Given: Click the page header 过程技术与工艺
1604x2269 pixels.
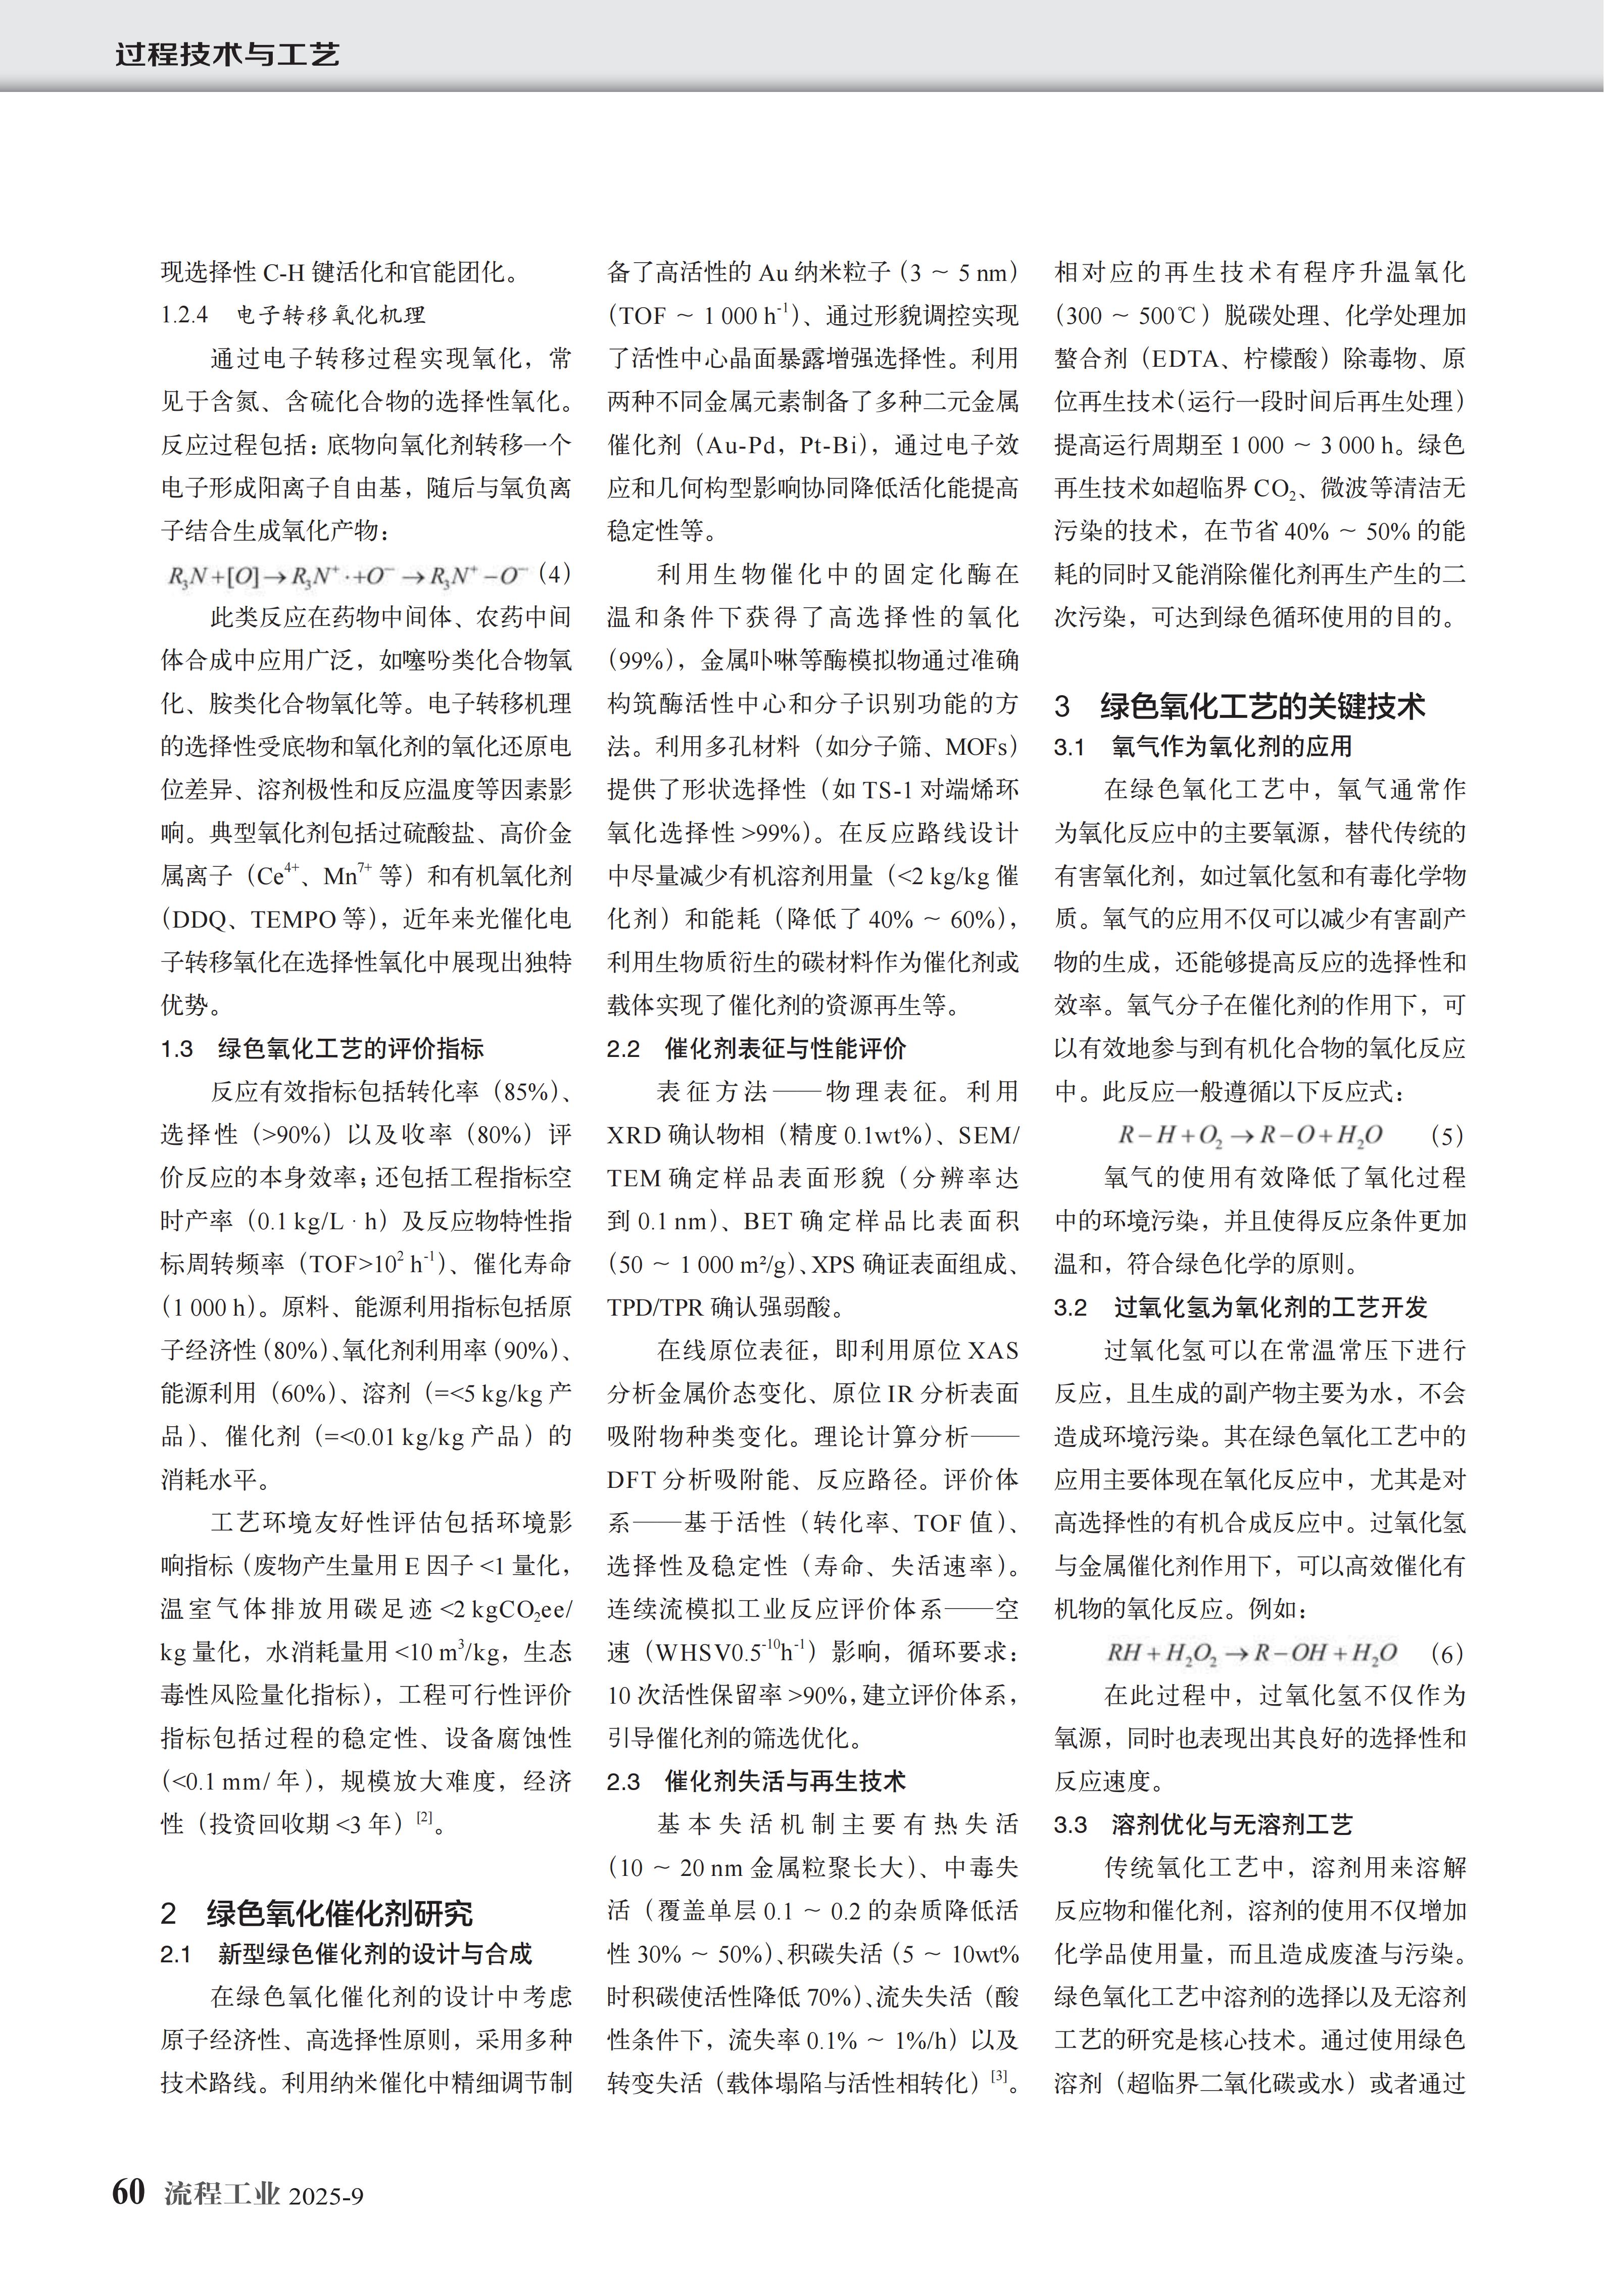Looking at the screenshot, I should pos(227,54).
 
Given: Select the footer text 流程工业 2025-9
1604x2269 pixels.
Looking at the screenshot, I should pos(264,2195).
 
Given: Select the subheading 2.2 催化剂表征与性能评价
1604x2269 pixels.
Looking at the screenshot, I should pos(756,1048).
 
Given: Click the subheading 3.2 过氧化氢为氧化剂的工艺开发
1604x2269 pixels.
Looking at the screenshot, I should pos(1240,1308).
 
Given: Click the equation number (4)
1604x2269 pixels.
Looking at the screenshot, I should pos(554,574).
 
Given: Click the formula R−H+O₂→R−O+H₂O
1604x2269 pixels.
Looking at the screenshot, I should pos(1250,1135).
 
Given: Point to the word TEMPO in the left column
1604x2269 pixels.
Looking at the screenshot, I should pos(294,919).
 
